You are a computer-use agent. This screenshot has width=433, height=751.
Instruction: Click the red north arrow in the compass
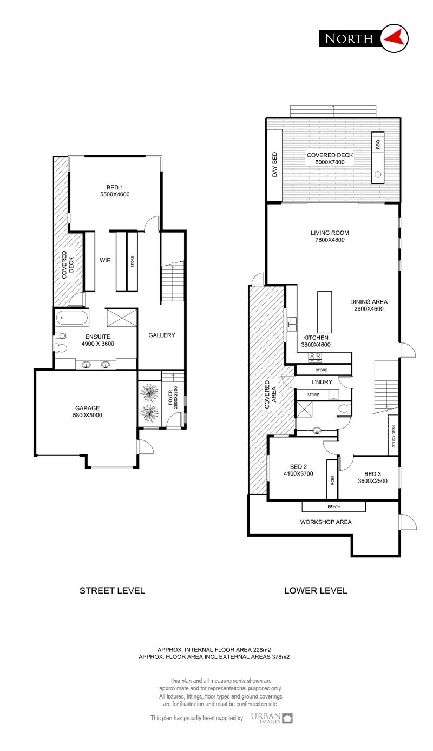click(x=393, y=37)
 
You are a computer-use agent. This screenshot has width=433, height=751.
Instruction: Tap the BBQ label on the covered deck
click(x=378, y=144)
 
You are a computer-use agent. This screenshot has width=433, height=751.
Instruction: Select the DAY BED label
click(x=274, y=164)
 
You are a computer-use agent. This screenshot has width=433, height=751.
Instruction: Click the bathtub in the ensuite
click(x=72, y=318)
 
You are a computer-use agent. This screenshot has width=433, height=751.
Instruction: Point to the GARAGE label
click(x=87, y=407)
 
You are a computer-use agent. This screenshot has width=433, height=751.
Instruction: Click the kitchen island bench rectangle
click(x=324, y=312)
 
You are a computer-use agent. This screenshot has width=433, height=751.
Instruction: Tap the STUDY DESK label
click(x=393, y=436)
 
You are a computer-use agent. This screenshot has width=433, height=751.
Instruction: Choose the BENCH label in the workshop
click(x=334, y=506)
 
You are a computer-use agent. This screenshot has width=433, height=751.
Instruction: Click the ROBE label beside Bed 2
click(x=332, y=480)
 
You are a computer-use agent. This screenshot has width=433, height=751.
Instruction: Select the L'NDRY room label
click(x=322, y=382)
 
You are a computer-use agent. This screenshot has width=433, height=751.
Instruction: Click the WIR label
click(x=106, y=260)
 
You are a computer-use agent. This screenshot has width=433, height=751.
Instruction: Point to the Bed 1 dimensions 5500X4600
click(x=115, y=194)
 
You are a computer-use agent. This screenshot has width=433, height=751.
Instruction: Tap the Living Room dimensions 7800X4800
click(x=330, y=240)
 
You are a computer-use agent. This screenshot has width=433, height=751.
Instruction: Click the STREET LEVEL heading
click(x=112, y=590)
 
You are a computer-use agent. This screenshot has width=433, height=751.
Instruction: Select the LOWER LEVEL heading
click(x=316, y=590)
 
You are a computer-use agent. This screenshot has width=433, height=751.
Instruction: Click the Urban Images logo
click(x=272, y=718)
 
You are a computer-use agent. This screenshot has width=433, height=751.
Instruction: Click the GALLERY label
click(x=162, y=335)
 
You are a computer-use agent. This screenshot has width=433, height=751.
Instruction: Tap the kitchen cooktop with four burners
click(x=315, y=357)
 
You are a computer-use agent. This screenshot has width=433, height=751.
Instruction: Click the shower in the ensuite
click(x=121, y=318)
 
